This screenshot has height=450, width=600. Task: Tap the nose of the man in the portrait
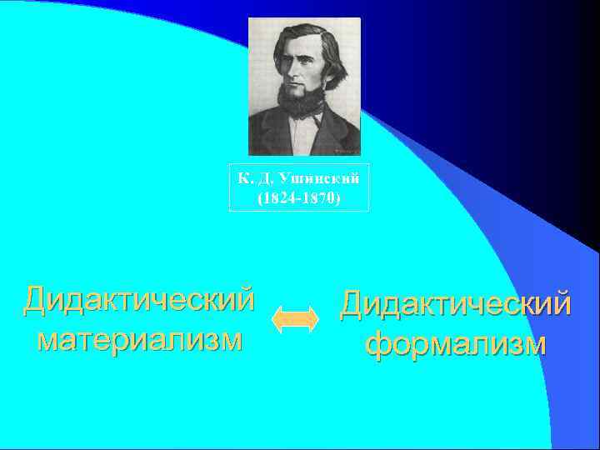[x=300, y=77]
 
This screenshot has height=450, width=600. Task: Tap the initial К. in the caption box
[x=242, y=178]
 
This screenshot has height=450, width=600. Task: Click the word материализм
[x=140, y=339]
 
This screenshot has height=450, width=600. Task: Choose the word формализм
[x=456, y=342]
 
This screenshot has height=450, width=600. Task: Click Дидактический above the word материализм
[x=139, y=300]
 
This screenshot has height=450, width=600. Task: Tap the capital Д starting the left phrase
[x=37, y=301]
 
